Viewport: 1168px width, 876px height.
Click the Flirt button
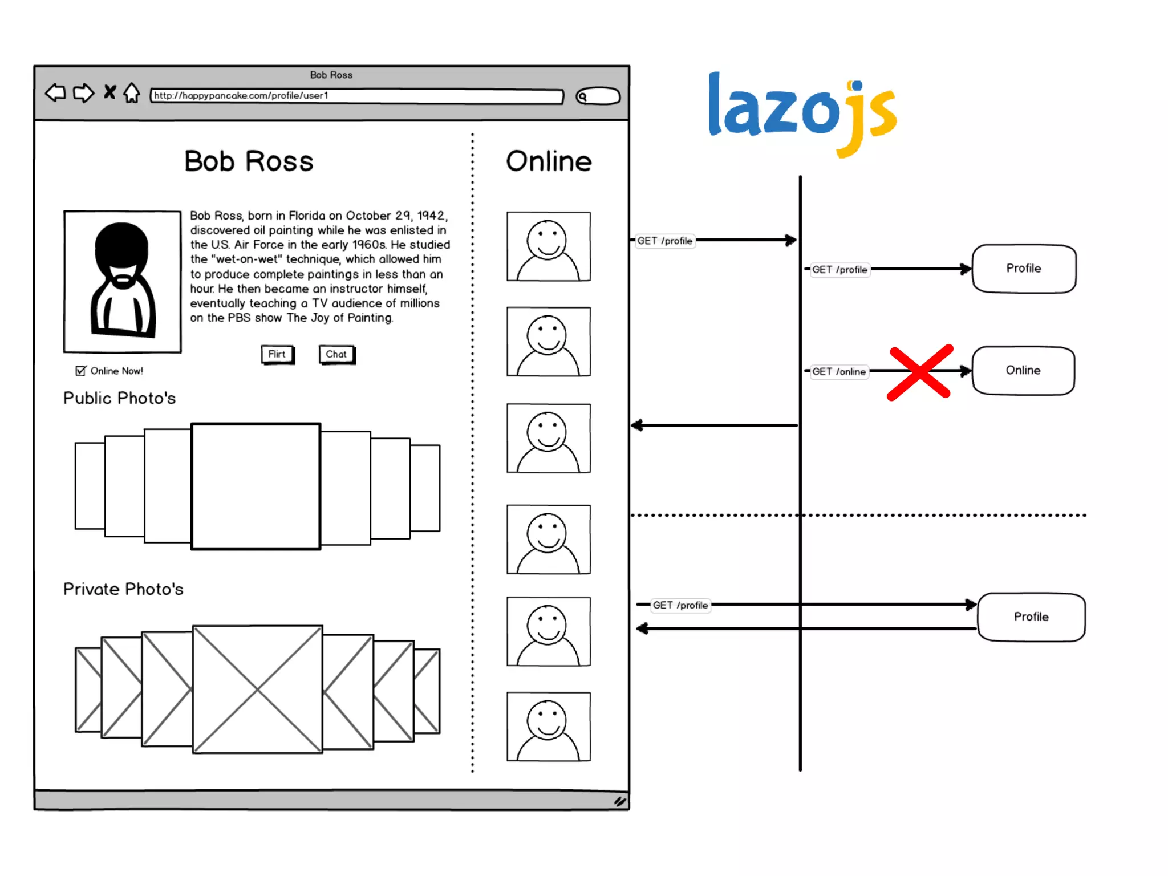(x=277, y=355)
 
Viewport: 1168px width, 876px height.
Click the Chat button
(x=336, y=355)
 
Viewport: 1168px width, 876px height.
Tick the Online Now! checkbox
(x=81, y=371)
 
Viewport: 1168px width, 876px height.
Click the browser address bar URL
(x=356, y=96)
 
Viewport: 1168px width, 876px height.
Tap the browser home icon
(x=132, y=92)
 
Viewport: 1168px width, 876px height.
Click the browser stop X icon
(x=109, y=92)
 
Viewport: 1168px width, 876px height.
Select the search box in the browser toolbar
(x=598, y=96)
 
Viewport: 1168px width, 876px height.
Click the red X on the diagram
(x=920, y=372)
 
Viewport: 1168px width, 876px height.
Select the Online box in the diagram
(x=1023, y=371)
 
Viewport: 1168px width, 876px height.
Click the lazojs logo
(x=802, y=112)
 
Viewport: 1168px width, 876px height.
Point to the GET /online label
(x=839, y=372)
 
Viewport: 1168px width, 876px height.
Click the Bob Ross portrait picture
(x=123, y=282)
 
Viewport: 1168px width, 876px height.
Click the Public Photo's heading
(x=119, y=398)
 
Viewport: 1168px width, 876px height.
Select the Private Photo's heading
(x=123, y=589)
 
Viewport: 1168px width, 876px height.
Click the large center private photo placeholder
(x=257, y=690)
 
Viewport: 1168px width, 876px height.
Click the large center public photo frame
(x=255, y=486)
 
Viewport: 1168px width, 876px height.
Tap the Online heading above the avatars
(x=549, y=161)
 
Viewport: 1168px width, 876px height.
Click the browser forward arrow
(x=84, y=92)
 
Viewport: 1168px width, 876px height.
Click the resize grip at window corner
(x=620, y=802)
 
